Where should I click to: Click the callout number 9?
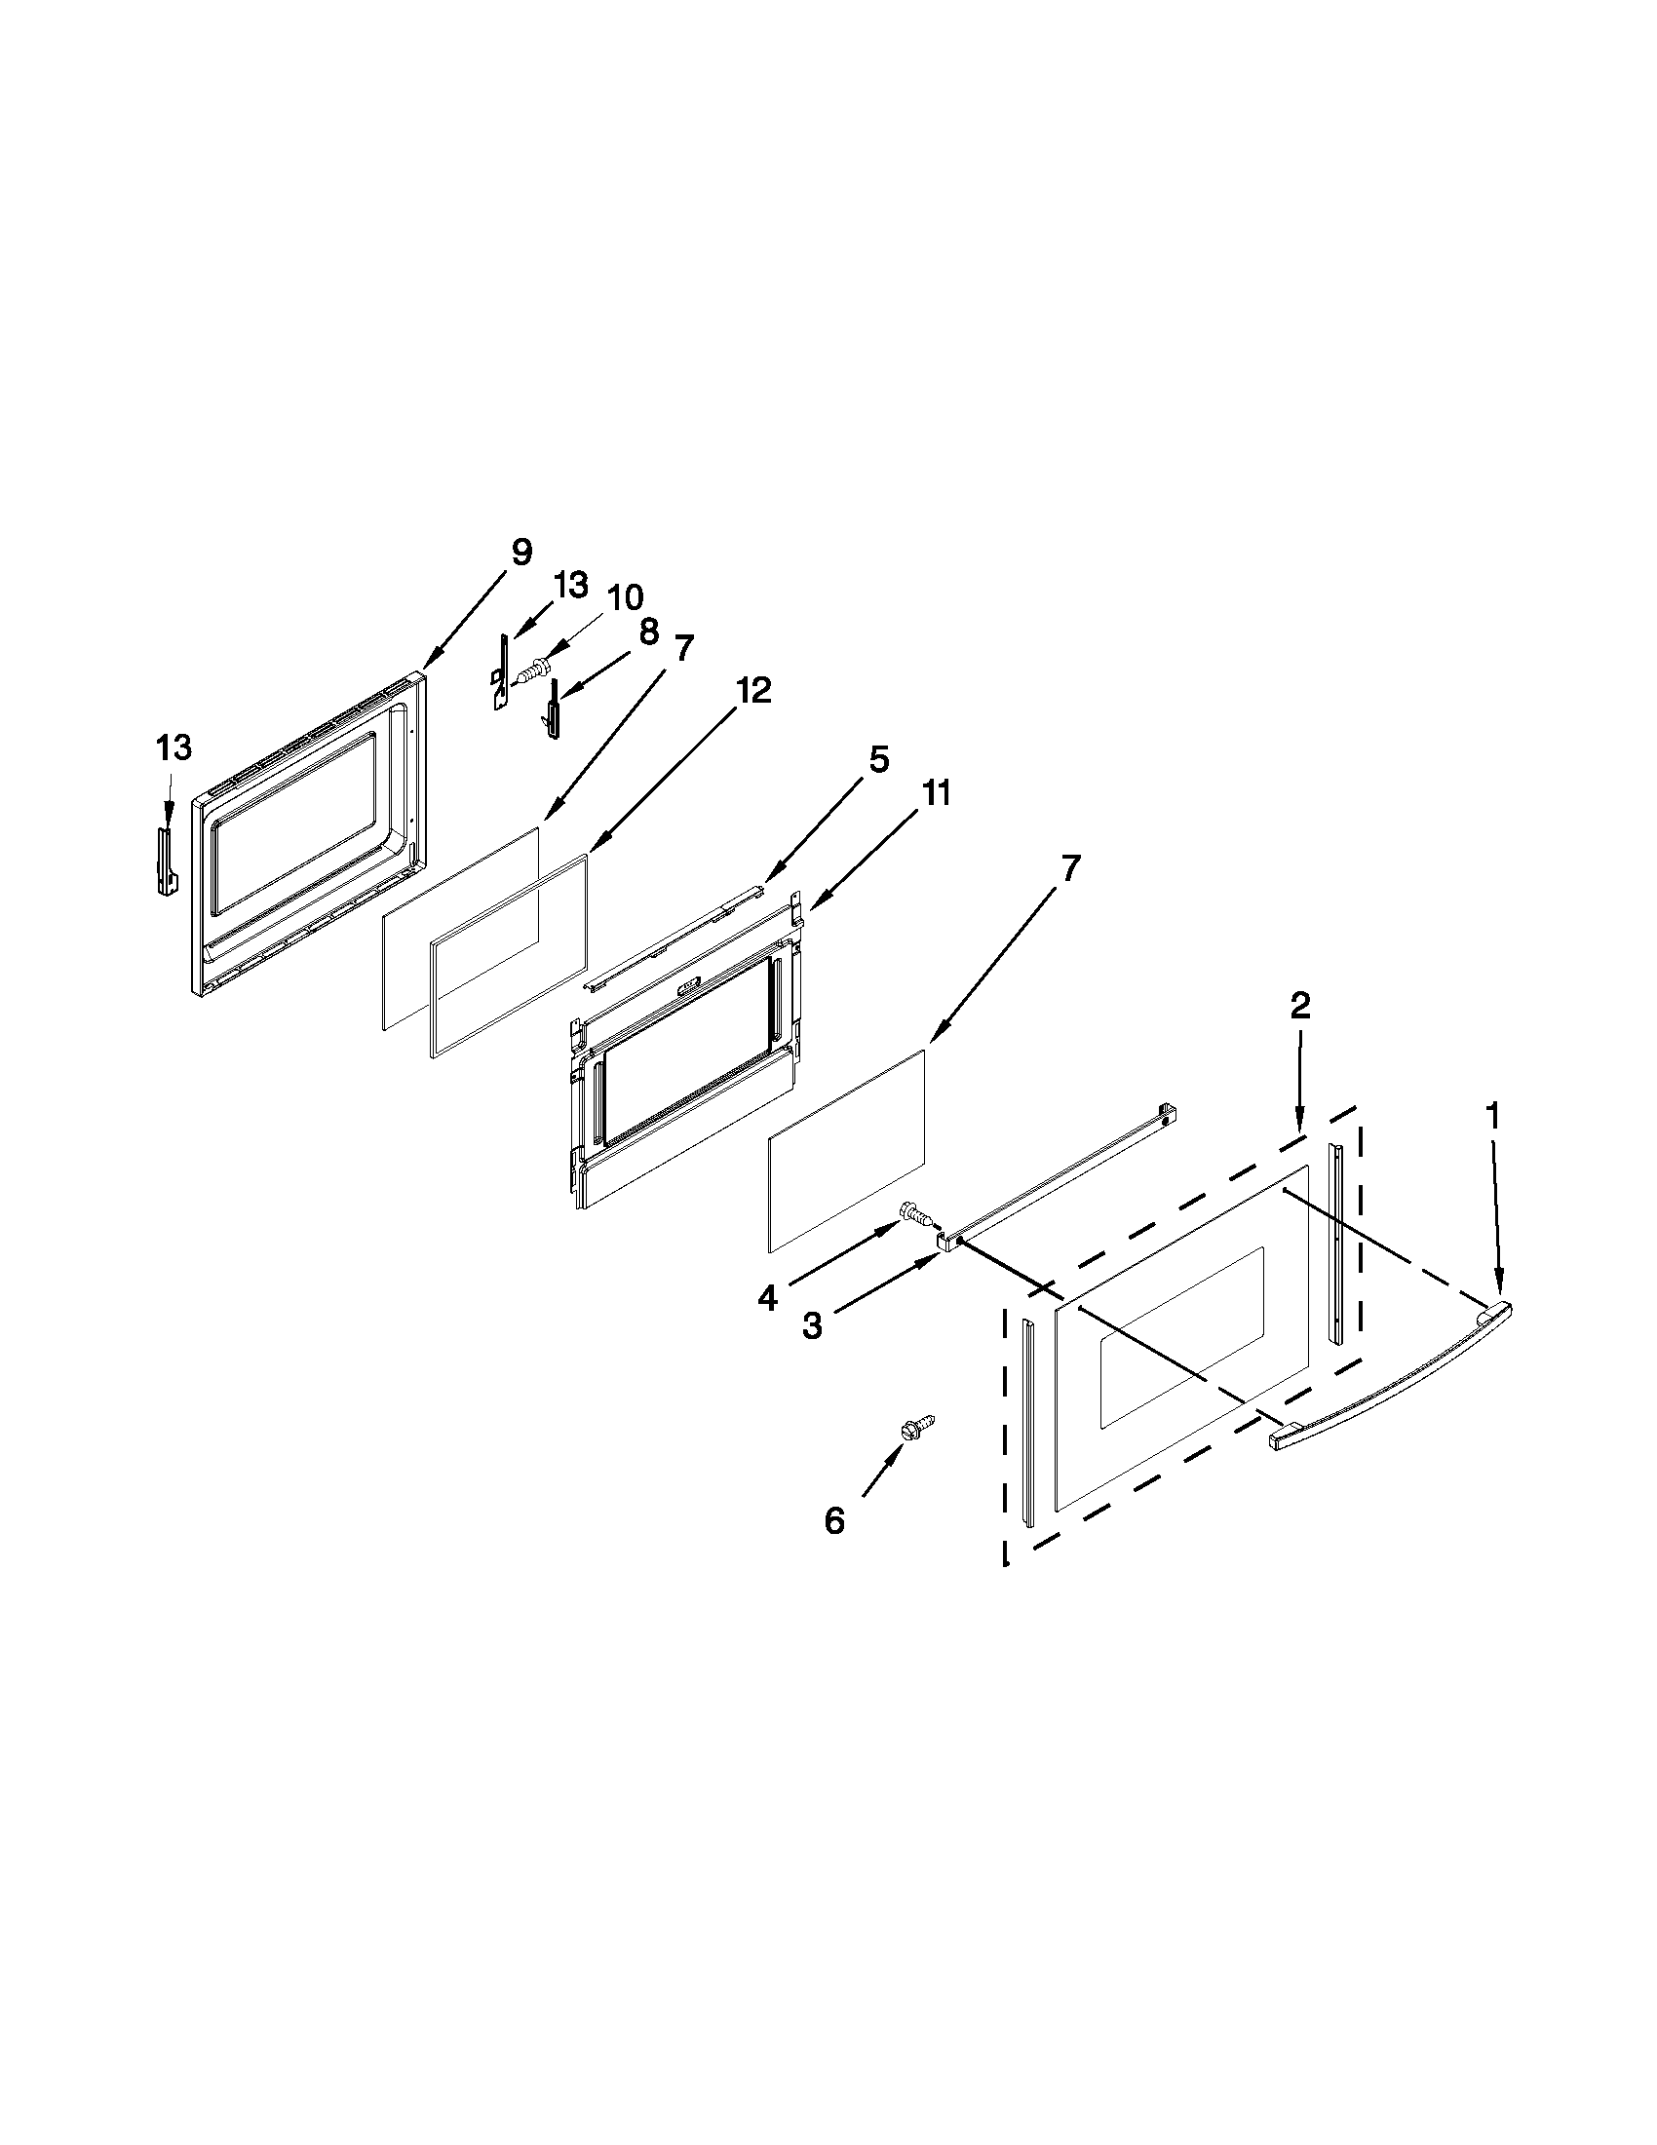click(520, 553)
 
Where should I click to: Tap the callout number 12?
click(754, 690)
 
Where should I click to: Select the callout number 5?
click(877, 759)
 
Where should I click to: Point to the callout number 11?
click(935, 792)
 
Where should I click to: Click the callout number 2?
click(1299, 1005)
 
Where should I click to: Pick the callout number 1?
click(1492, 1116)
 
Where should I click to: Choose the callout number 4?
click(767, 1298)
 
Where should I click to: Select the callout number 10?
click(625, 597)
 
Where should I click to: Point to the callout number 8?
click(648, 632)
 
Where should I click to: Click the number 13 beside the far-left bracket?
click(173, 748)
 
